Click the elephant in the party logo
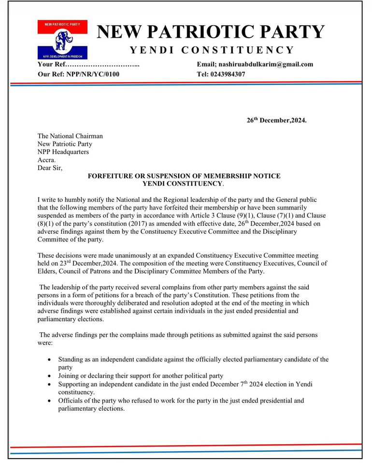point(62,41)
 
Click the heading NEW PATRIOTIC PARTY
point(211,32)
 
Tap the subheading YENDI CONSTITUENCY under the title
point(211,50)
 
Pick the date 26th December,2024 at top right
point(276,120)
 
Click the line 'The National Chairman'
point(70,136)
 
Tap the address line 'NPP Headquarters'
point(63,152)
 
